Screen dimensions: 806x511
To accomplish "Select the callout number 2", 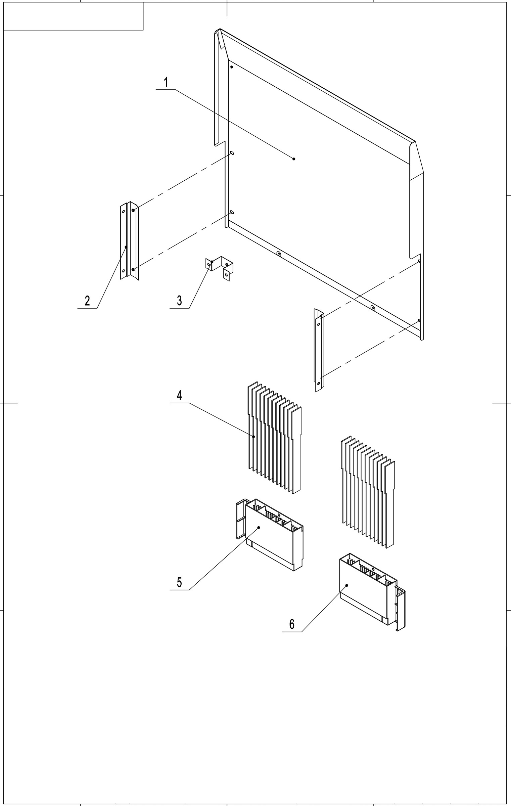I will click(x=87, y=301).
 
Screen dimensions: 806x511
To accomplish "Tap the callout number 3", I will click(x=180, y=301).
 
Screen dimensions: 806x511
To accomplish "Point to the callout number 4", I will click(x=180, y=396).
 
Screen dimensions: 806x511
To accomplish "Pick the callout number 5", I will click(x=180, y=582).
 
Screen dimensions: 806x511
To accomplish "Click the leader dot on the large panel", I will click(x=294, y=159).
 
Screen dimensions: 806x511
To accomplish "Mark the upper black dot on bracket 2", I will click(x=133, y=210).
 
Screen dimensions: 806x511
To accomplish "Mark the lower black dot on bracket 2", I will click(x=133, y=269).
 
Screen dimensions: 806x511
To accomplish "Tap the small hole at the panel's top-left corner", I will click(x=232, y=67).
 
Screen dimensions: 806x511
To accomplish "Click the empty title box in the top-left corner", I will click(x=73, y=16).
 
